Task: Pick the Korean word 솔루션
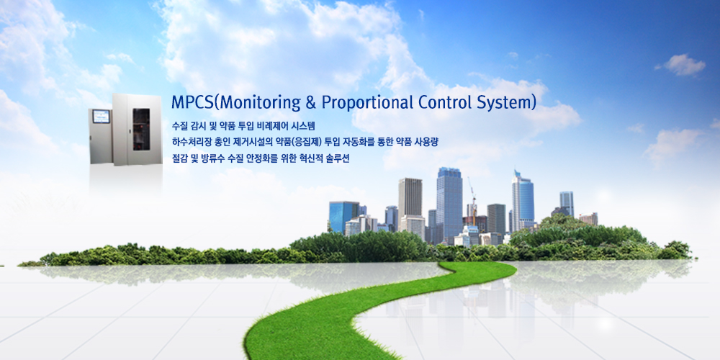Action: (339, 159)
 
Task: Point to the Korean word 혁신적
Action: (312, 159)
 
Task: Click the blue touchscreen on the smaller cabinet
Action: (101, 117)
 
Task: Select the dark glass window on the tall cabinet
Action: (141, 130)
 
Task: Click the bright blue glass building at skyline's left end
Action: (343, 216)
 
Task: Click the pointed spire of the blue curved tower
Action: (516, 173)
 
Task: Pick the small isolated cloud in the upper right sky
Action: (681, 65)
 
